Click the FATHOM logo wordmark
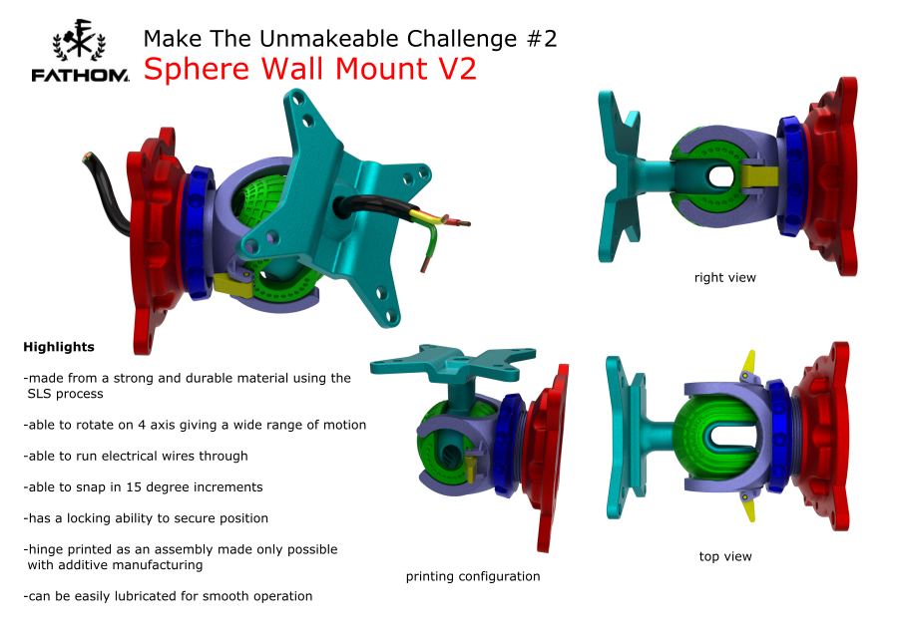pyautogui.click(x=80, y=76)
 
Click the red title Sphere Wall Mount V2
pyautogui.click(x=310, y=69)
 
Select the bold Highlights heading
pyautogui.click(x=59, y=347)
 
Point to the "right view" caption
pyautogui.click(x=725, y=278)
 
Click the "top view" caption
pyautogui.click(x=725, y=556)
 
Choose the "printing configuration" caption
pyautogui.click(x=473, y=576)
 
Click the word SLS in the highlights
pyautogui.click(x=40, y=394)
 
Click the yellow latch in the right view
pyautogui.click(x=757, y=176)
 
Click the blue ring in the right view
pyautogui.click(x=790, y=176)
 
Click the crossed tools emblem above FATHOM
pyautogui.click(x=79, y=40)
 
